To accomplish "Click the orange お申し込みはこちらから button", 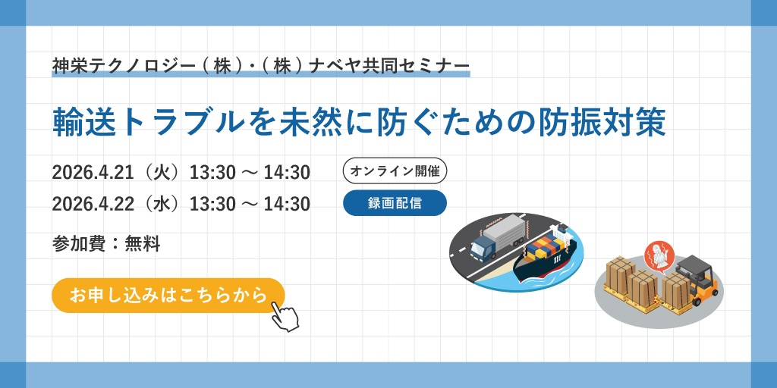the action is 168,296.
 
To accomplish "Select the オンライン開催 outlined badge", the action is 395,171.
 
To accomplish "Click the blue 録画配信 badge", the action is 395,203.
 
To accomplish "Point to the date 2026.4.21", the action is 93,172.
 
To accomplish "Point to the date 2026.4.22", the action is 93,203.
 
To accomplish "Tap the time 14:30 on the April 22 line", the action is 287,203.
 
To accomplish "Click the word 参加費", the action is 79,243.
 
